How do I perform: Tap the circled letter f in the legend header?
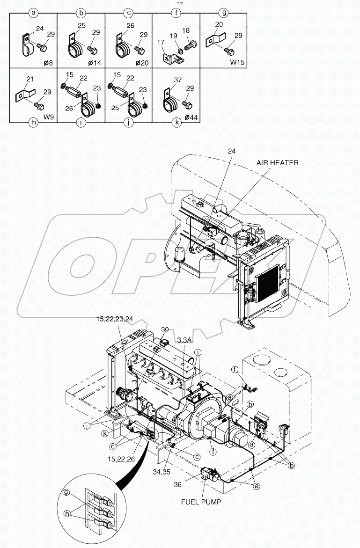pyautogui.click(x=176, y=13)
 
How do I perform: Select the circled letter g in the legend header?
pyautogui.click(x=224, y=13)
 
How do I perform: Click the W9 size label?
pyautogui.click(x=49, y=115)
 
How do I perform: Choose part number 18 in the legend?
pyautogui.click(x=186, y=29)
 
